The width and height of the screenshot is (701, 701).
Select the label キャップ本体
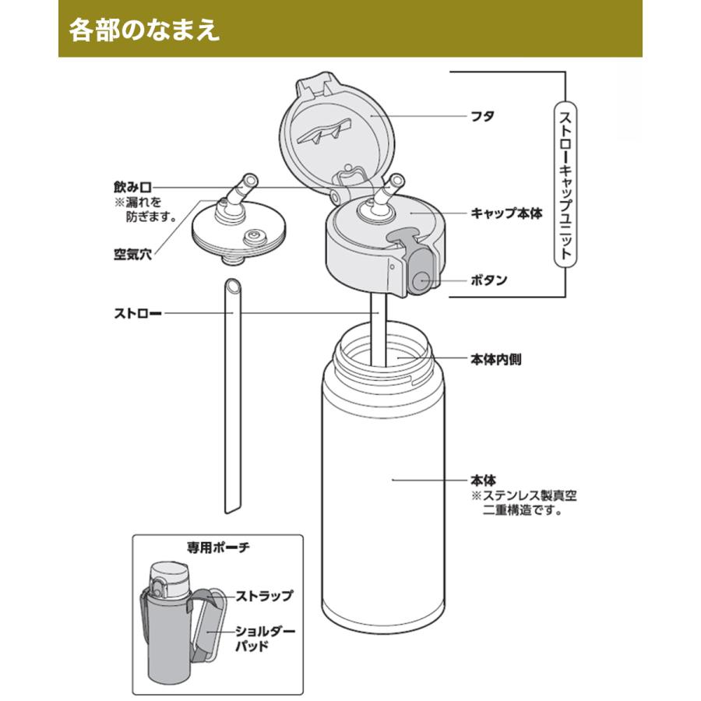506,212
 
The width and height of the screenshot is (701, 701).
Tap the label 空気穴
132,254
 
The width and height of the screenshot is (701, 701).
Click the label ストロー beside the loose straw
137,315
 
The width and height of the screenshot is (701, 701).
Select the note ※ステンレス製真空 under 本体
526,496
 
